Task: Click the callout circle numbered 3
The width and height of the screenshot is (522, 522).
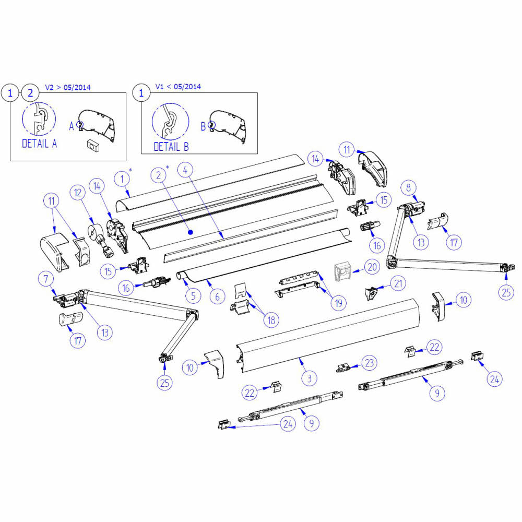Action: coord(309,378)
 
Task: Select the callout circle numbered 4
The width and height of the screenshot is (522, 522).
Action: coord(186,170)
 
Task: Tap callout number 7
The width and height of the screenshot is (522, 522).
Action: coord(45,279)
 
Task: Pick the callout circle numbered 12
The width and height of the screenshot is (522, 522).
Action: coord(78,193)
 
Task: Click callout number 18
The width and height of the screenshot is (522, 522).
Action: coord(270,320)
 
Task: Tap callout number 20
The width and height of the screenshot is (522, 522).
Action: coord(372,267)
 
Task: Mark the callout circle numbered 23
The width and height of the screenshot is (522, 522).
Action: coord(369,362)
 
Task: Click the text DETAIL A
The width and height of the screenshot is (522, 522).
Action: coord(39,143)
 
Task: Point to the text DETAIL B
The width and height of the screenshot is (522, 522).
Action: coord(171,147)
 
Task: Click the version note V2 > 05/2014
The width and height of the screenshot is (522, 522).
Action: coord(68,87)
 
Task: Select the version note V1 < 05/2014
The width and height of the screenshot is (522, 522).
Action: coord(178,87)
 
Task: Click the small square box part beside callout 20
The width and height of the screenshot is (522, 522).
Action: coord(342,272)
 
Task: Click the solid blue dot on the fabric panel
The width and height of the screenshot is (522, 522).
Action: coord(191,231)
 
